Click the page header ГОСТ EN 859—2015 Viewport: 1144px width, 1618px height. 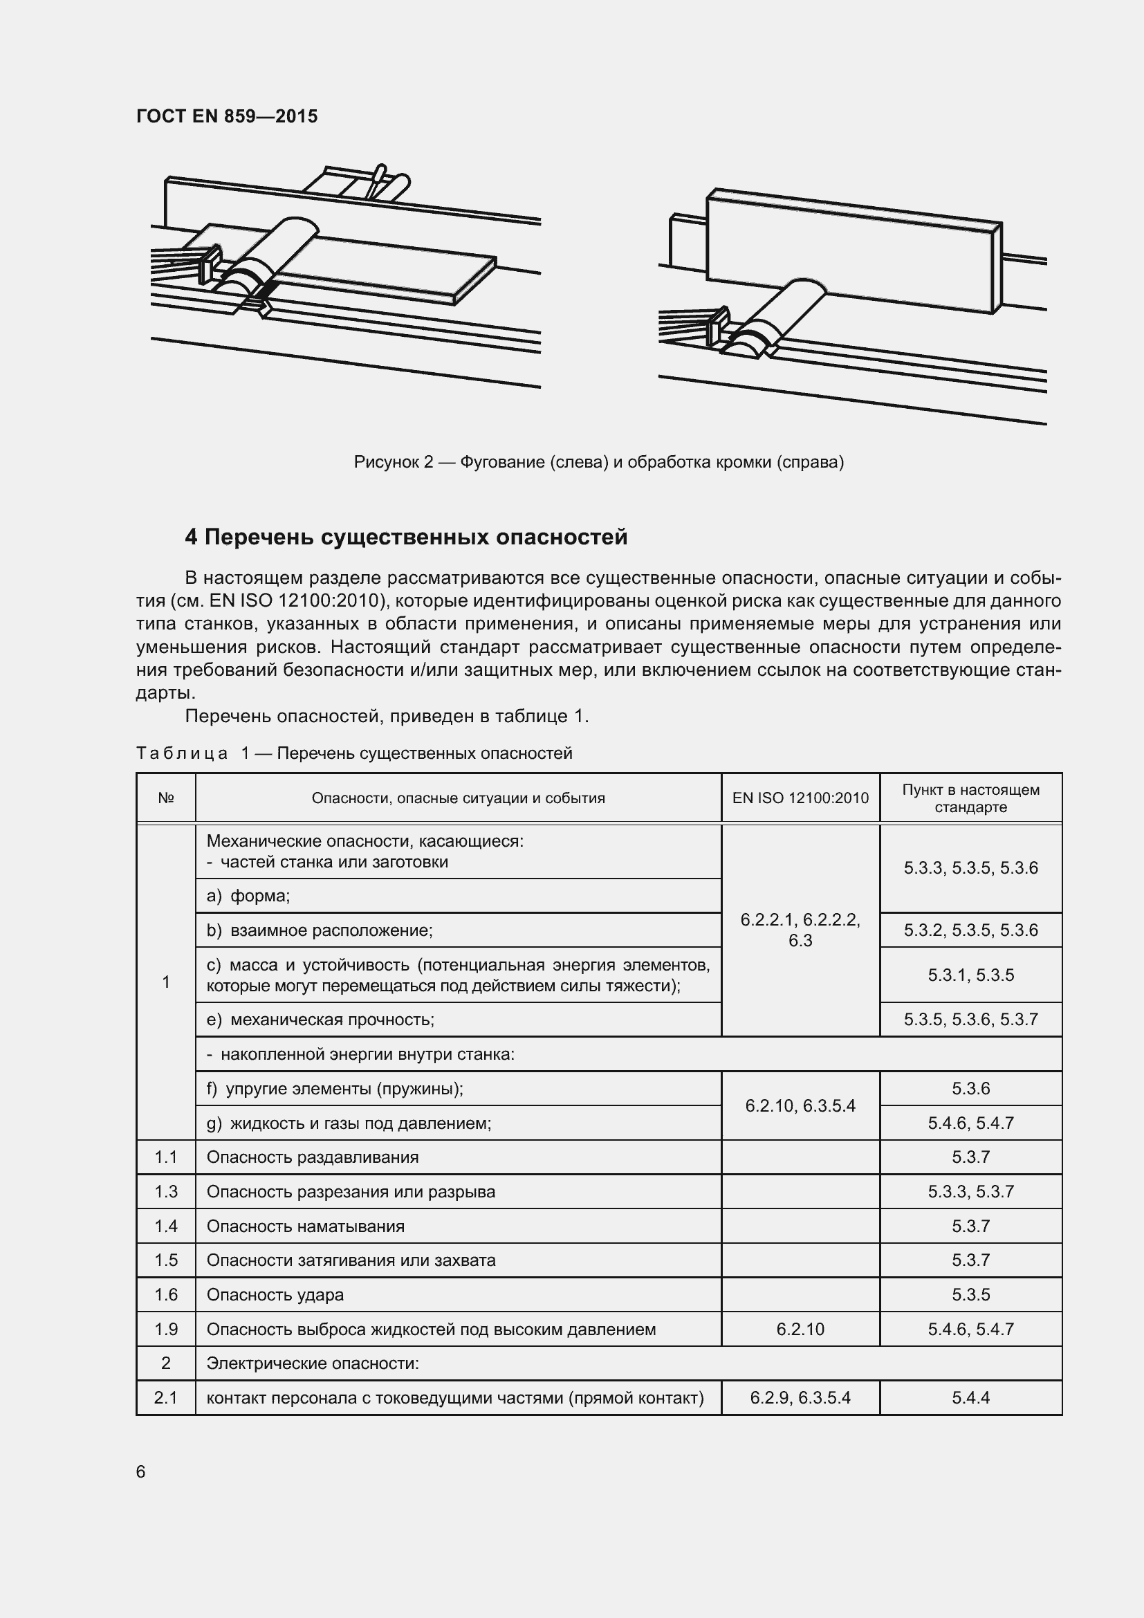coord(227,116)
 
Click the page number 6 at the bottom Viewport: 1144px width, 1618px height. coord(141,1471)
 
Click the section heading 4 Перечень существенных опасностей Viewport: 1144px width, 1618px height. coord(406,537)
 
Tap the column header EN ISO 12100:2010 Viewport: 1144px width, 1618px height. coord(800,798)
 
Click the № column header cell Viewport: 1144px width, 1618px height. coord(165,798)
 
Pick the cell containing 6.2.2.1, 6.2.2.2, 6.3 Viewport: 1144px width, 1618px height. coord(800,930)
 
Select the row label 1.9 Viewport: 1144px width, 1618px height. coord(165,1329)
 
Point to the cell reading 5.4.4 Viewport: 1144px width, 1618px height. coord(970,1398)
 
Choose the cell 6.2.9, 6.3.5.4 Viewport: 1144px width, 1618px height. coord(800,1398)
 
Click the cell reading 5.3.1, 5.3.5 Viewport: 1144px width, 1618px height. coord(970,975)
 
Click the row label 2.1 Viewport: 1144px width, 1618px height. coord(165,1398)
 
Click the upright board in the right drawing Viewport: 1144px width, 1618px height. coord(852,250)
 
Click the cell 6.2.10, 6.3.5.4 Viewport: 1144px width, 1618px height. coord(800,1105)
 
